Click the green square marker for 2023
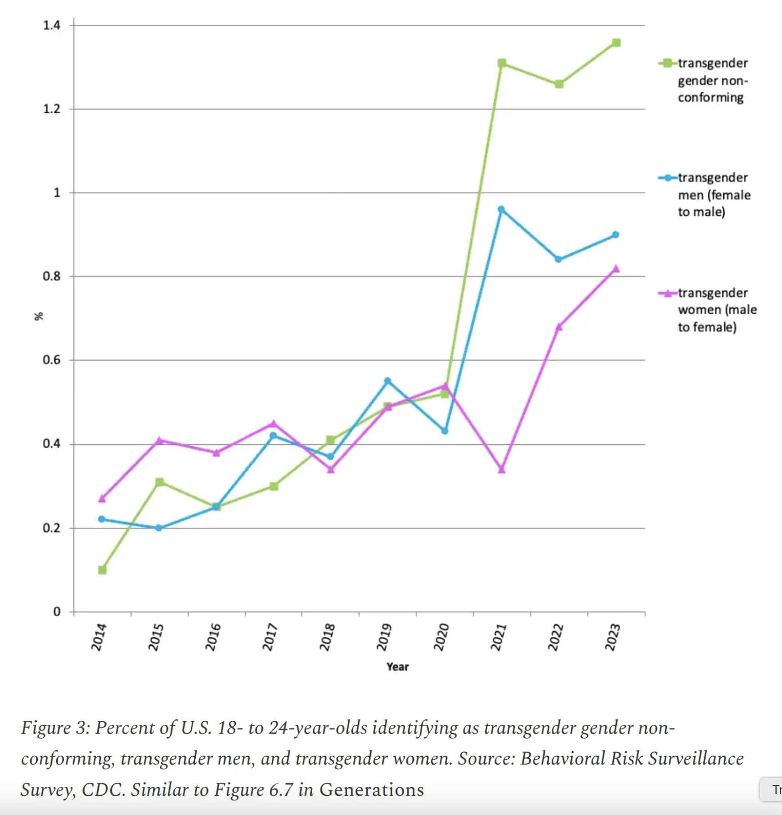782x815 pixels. (616, 43)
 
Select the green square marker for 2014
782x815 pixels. (102, 570)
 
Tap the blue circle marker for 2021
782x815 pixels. (501, 209)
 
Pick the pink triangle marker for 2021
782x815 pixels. (502, 469)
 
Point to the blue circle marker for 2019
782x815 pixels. (387, 381)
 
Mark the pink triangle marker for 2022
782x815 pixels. (559, 327)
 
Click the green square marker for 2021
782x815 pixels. (502, 63)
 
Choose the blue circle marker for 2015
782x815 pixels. (158, 528)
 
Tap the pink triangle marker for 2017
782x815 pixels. (273, 424)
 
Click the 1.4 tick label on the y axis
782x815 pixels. (51, 25)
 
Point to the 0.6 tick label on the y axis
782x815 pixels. (51, 360)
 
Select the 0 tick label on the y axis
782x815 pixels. (56, 612)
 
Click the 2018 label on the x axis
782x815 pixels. (327, 637)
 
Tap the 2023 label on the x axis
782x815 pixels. (613, 637)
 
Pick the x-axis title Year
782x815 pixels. (397, 667)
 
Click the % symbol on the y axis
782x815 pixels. (39, 316)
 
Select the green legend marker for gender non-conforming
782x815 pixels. (667, 63)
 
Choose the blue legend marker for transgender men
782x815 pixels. (667, 178)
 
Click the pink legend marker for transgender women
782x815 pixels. (667, 293)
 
